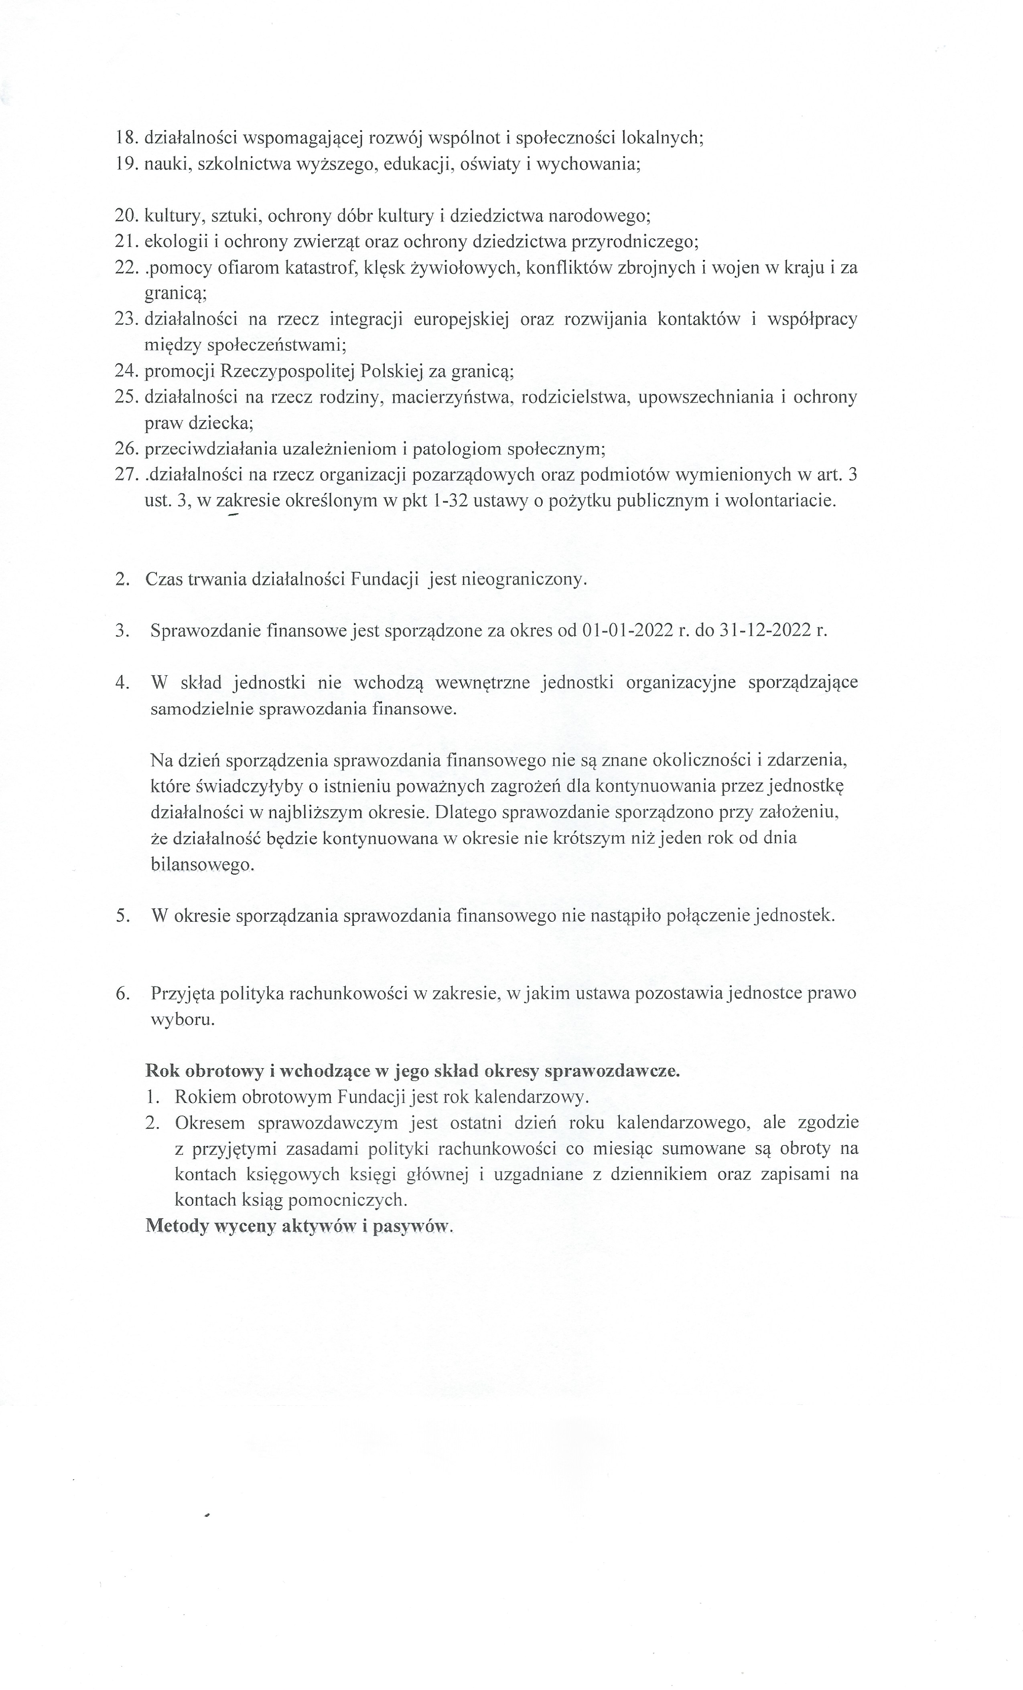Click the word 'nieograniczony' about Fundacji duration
coord(525,579)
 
